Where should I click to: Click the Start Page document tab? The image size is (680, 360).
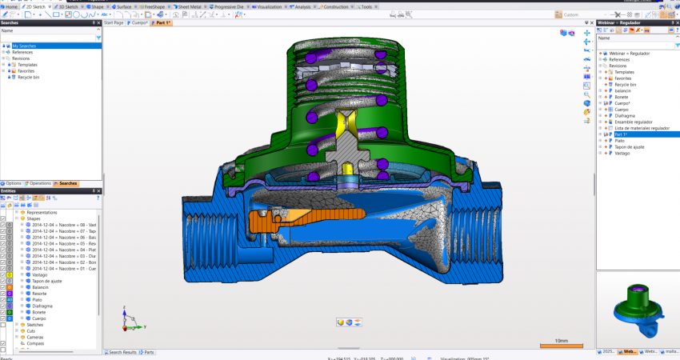114,23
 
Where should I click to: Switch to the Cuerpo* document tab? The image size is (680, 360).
140,23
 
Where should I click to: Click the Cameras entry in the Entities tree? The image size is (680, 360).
36,338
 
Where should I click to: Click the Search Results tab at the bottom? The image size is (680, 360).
122,352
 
